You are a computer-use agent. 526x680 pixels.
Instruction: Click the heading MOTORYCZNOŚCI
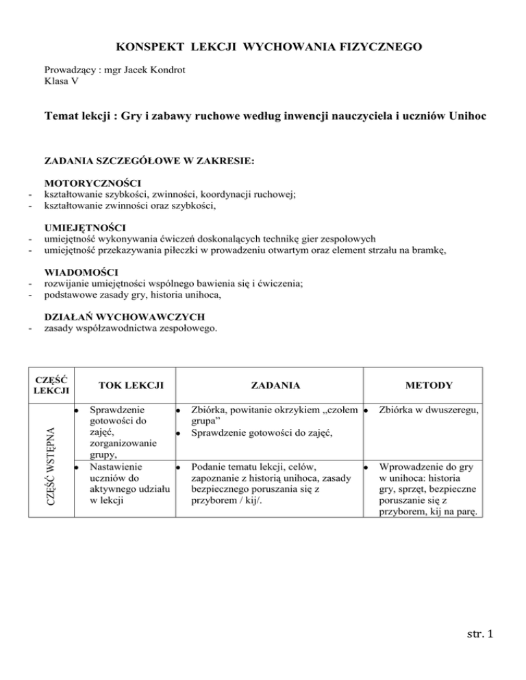point(92,183)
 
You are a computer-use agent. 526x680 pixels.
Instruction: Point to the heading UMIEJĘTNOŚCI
point(84,227)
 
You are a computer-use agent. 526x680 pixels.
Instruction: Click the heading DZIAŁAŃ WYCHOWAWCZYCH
point(123,316)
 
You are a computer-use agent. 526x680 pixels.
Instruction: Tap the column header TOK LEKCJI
point(124,385)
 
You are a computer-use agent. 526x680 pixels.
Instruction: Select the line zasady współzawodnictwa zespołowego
point(131,328)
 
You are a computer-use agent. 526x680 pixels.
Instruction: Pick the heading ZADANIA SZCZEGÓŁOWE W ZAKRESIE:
point(149,161)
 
